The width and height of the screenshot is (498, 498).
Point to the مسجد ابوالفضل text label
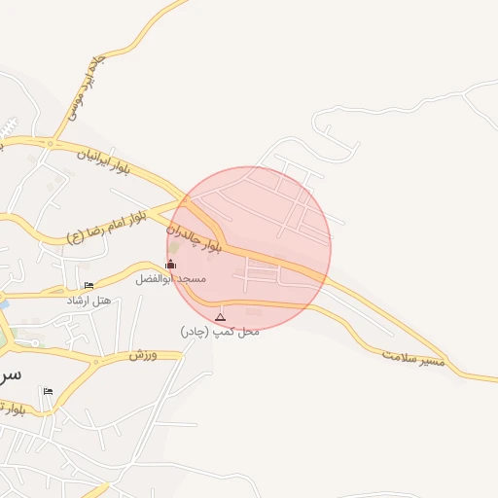coord(171,279)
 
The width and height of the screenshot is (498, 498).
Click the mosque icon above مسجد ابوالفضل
coord(171,264)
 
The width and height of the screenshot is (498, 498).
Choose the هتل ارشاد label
coord(89,301)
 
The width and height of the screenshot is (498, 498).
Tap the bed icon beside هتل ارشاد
coord(89,286)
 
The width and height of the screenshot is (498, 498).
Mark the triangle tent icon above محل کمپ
coord(220,317)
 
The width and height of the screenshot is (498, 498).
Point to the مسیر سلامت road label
coord(418,358)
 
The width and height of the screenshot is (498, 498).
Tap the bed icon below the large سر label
coord(48,391)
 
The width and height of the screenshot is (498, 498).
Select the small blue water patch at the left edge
coord(3,305)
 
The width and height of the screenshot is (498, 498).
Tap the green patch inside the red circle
coord(175,247)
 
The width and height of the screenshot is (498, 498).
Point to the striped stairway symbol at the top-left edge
coord(9,126)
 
